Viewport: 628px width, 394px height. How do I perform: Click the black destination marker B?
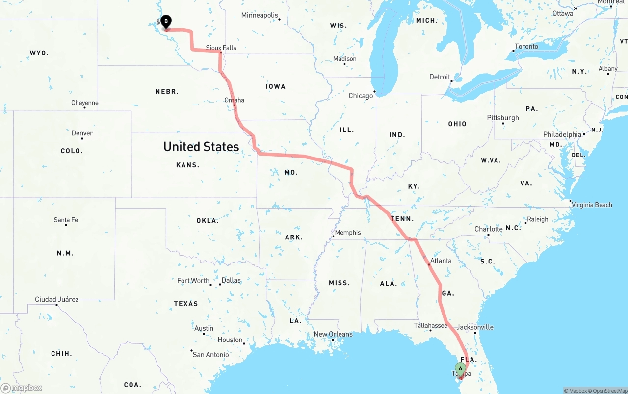pyautogui.click(x=166, y=21)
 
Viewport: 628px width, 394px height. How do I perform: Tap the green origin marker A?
pyautogui.click(x=460, y=368)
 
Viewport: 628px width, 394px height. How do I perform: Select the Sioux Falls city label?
pyautogui.click(x=221, y=48)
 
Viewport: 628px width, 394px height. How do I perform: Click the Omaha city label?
pyautogui.click(x=234, y=100)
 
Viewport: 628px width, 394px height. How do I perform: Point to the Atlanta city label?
pyautogui.click(x=441, y=261)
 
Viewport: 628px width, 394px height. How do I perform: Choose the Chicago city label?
pyautogui.click(x=361, y=96)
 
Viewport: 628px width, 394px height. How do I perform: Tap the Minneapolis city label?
pyautogui.click(x=260, y=15)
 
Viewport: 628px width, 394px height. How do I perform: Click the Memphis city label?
pyautogui.click(x=348, y=233)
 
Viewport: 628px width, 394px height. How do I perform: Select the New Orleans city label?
pyautogui.click(x=333, y=334)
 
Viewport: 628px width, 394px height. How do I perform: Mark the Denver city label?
pyautogui.click(x=82, y=133)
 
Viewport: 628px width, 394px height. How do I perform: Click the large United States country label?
pyautogui.click(x=201, y=146)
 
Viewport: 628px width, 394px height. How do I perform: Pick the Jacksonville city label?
pyautogui.click(x=475, y=327)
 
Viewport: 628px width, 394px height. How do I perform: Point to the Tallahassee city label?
pyautogui.click(x=430, y=325)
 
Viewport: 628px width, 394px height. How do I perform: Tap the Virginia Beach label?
pyautogui.click(x=592, y=205)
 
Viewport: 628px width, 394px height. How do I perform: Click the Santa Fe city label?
pyautogui.click(x=66, y=220)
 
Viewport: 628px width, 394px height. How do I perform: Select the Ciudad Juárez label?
pyautogui.click(x=56, y=299)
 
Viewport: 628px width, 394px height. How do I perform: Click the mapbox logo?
pyautogui.click(x=22, y=388)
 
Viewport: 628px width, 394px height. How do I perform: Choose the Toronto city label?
pyautogui.click(x=526, y=47)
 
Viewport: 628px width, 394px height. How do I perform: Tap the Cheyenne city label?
pyautogui.click(x=84, y=103)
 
